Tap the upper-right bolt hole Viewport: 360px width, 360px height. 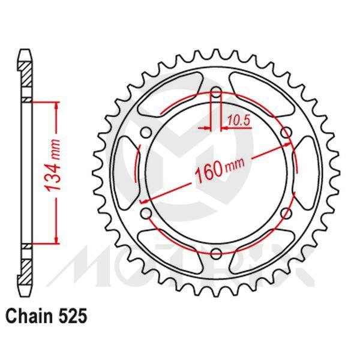click(286, 133)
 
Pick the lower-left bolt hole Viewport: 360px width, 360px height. click(145, 214)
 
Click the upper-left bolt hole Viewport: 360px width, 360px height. click(145, 133)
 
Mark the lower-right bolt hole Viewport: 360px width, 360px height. click(286, 214)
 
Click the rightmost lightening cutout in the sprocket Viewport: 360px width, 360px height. click(306, 173)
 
